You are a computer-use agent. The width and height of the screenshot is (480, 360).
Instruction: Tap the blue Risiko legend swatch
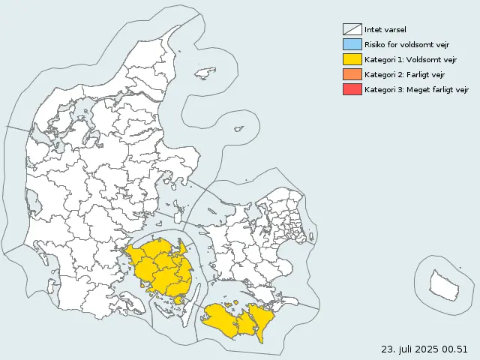point(352,44)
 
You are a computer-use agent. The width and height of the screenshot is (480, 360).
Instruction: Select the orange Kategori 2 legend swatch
point(352,74)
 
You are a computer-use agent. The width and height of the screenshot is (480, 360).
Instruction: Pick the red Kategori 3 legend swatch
point(352,89)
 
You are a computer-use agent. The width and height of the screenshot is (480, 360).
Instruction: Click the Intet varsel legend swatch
point(352,29)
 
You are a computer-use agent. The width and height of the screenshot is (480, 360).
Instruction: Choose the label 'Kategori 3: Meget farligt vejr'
point(415,90)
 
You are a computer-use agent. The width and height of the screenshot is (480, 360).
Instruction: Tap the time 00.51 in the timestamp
point(455,349)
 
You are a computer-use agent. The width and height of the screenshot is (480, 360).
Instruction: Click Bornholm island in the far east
point(442,284)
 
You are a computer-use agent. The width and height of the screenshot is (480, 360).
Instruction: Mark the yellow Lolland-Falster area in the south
point(236,319)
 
